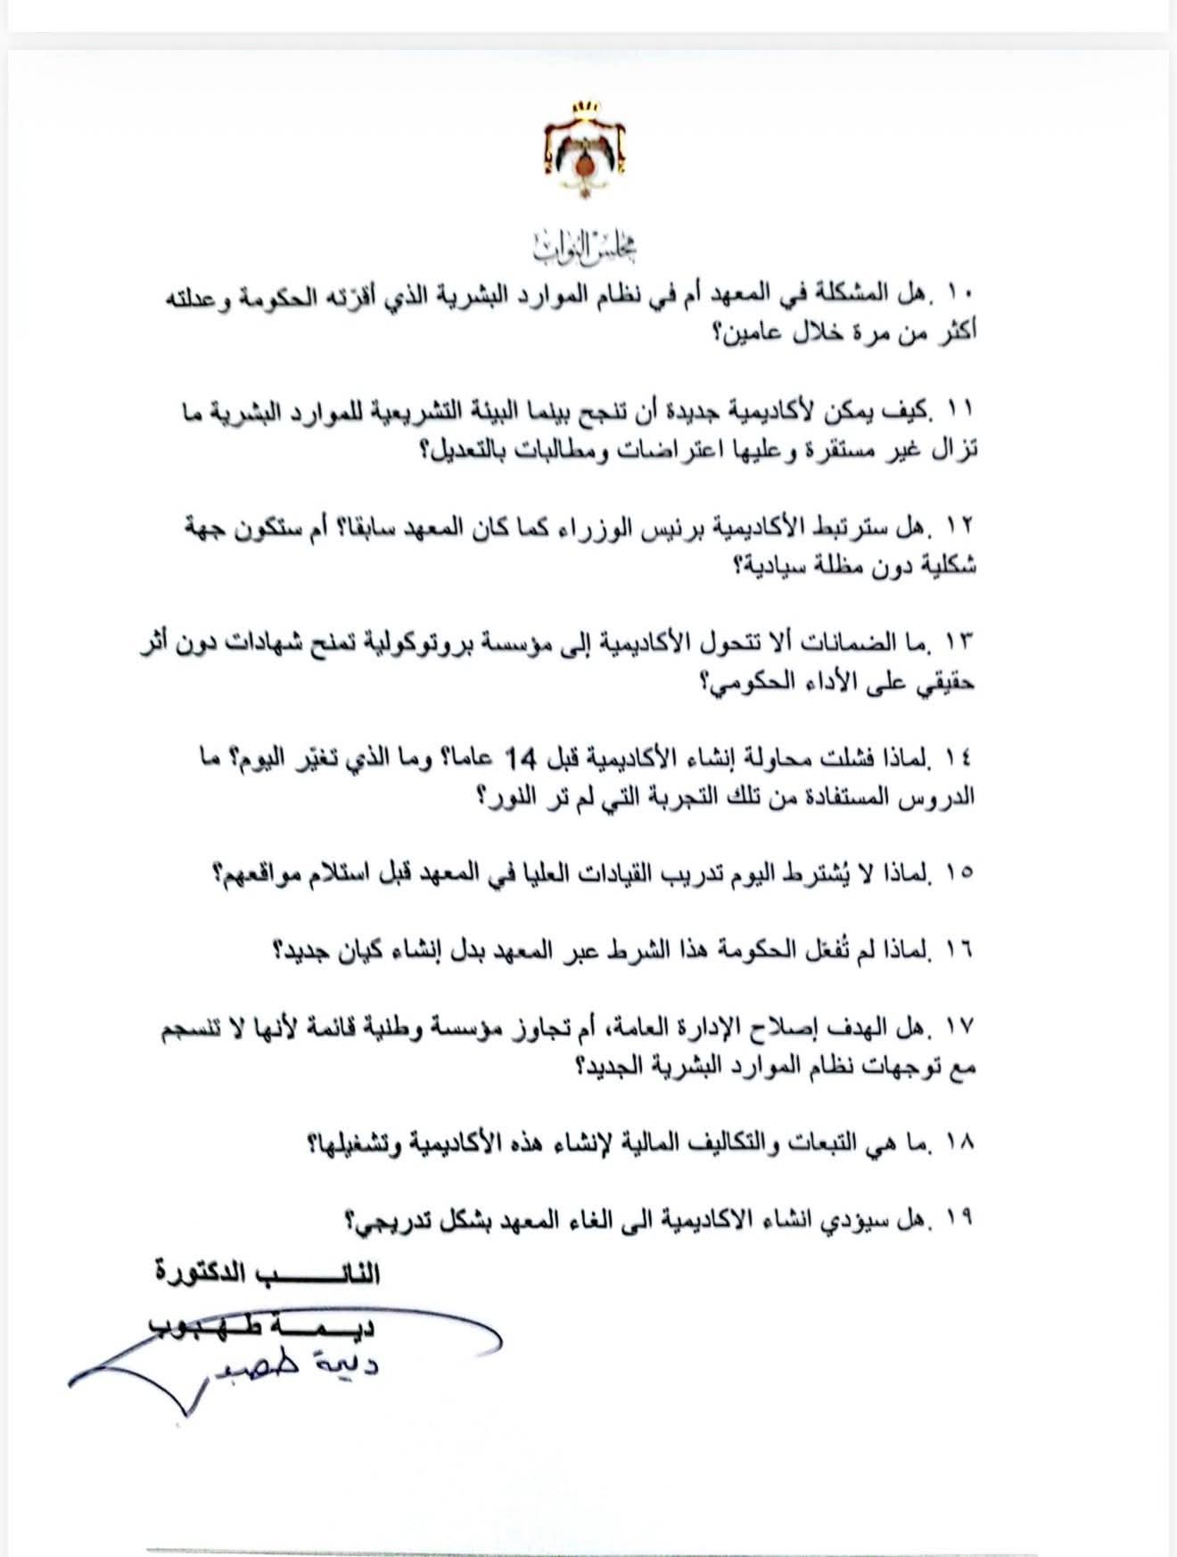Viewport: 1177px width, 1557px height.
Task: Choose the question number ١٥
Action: point(964,873)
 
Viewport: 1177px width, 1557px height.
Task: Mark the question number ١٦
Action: point(964,950)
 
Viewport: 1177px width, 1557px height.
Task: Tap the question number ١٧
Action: point(964,1027)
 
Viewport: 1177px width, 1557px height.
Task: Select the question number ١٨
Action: point(964,1143)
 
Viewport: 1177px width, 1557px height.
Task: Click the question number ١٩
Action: point(964,1218)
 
